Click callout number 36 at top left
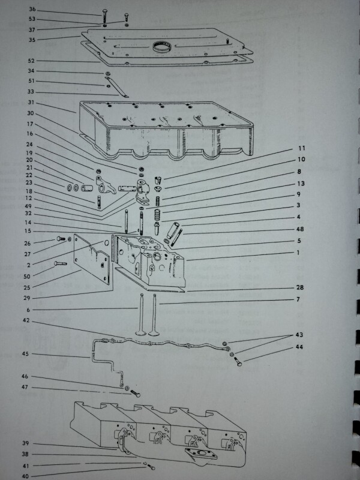(32, 9)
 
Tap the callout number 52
(31, 61)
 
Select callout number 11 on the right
(302, 148)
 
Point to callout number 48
(300, 229)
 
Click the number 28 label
(300, 287)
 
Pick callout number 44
(299, 347)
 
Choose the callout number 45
(25, 354)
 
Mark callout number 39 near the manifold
(26, 443)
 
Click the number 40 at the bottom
(26, 476)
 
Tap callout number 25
(27, 287)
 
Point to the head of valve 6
(141, 332)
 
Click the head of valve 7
(154, 332)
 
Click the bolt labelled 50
(61, 263)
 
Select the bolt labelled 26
(61, 238)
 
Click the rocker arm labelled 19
(106, 185)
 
